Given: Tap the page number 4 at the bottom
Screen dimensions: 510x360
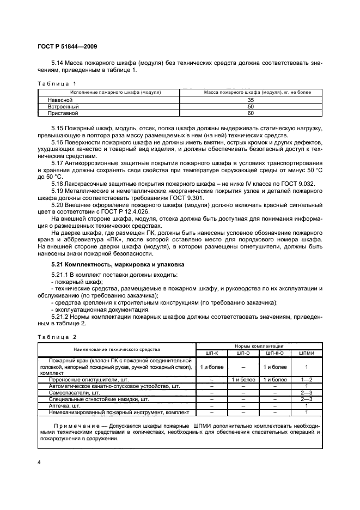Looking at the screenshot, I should [39, 463].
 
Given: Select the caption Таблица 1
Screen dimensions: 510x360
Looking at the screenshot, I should [57, 83].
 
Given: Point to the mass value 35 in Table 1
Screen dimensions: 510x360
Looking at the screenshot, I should [251, 100].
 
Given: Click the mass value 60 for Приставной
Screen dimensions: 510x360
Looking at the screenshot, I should [251, 113].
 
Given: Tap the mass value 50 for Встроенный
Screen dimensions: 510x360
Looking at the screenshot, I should [251, 107].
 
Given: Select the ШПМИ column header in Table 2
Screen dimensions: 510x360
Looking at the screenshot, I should [307, 353].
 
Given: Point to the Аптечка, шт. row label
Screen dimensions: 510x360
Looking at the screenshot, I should [65, 406].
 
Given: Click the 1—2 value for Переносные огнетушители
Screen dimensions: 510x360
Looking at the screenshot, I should [307, 379].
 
